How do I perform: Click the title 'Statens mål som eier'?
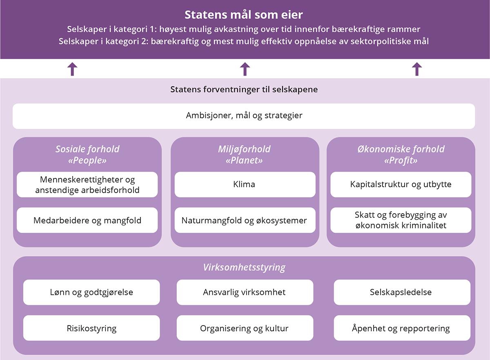[244, 15]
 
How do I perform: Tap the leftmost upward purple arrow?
[72, 69]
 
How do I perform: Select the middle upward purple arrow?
[245, 69]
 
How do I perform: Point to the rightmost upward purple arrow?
[416, 69]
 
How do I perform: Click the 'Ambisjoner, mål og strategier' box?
[244, 116]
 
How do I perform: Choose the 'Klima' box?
[245, 184]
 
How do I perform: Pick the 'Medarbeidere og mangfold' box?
[87, 220]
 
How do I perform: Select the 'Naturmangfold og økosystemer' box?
[245, 220]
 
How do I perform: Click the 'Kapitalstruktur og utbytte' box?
[401, 184]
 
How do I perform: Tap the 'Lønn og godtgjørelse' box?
[91, 292]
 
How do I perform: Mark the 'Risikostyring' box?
[91, 328]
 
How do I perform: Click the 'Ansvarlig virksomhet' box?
[245, 292]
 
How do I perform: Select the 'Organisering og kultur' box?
[245, 328]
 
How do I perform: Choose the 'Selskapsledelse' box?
[402, 292]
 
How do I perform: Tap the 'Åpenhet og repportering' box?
[402, 328]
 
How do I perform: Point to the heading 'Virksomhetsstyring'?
[244, 268]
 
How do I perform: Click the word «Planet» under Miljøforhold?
[244, 160]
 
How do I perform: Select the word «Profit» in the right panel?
[401, 160]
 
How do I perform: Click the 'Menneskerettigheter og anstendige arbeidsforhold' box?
[87, 184]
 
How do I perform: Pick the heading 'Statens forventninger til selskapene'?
[244, 89]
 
